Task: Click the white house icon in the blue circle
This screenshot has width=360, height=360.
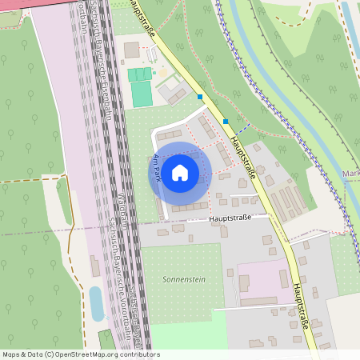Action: point(180,172)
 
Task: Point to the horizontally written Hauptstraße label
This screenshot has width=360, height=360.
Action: point(230,217)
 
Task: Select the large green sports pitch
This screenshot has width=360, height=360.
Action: point(141,94)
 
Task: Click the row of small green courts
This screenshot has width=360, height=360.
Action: point(139,74)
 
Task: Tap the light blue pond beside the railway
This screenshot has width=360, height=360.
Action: point(97,304)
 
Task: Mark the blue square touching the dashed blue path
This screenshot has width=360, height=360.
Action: point(226,122)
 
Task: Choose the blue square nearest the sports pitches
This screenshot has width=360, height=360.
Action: point(200,97)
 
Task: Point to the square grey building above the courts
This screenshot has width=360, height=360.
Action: point(132,50)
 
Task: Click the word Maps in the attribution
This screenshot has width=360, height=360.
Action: point(11,354)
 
